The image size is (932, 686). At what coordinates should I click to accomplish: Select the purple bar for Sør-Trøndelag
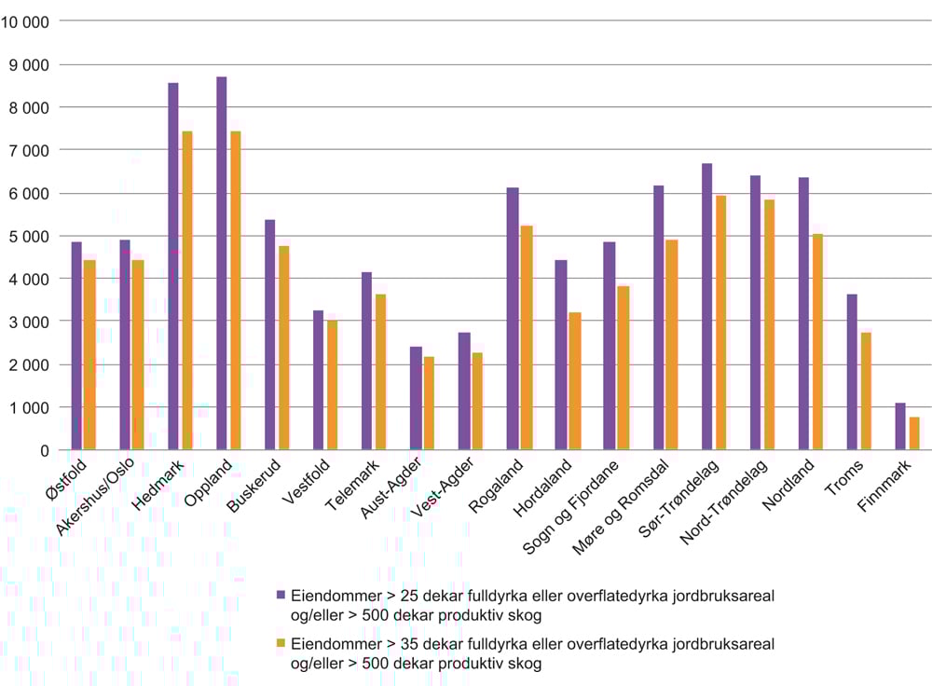coord(706,308)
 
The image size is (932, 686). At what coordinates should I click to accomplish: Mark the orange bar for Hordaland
coord(574,381)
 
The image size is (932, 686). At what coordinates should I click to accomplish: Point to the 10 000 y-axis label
coord(27,21)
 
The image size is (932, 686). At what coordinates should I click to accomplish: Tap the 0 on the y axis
coord(44,451)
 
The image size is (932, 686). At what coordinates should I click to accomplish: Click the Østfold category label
coord(66,483)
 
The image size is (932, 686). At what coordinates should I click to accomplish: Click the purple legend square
coord(280,593)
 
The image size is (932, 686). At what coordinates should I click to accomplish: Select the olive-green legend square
coord(280,643)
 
